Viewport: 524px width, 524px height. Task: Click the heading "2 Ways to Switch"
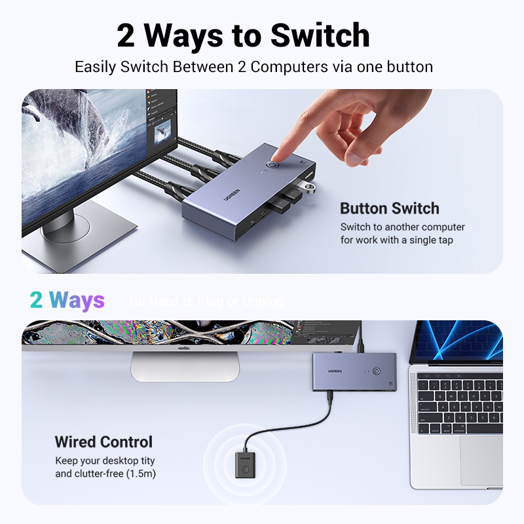pos(243,35)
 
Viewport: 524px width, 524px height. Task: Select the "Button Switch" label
pos(389,209)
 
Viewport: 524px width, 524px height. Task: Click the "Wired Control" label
pos(103,441)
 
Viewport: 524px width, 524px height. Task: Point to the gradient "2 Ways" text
pos(67,300)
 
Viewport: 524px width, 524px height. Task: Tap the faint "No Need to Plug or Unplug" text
pos(206,301)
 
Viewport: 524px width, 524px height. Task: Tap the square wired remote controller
pos(242,463)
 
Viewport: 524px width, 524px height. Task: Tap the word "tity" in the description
pos(147,461)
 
